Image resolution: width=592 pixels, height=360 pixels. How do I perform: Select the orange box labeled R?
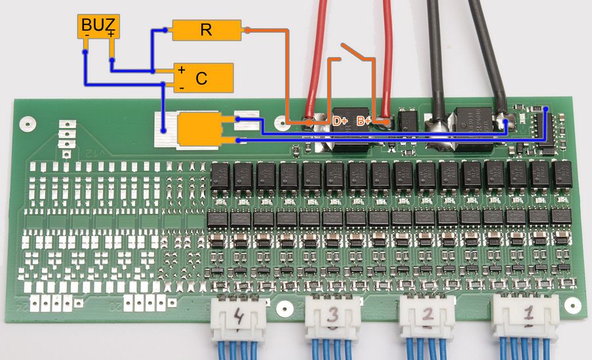click(206, 30)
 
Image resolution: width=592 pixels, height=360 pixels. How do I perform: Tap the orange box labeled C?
click(203, 77)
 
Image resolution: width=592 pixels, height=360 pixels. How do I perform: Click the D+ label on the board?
click(340, 121)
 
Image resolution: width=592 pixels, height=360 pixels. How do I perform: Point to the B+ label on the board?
click(363, 121)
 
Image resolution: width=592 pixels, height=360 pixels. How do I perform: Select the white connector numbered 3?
click(332, 319)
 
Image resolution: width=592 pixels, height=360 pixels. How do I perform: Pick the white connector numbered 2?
click(427, 318)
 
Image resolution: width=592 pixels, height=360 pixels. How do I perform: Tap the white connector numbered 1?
click(526, 315)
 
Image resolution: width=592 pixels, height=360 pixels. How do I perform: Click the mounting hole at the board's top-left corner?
click(27, 122)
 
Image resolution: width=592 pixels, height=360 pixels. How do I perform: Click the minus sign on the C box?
click(182, 85)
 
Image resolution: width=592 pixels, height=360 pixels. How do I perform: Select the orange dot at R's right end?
click(247, 30)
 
